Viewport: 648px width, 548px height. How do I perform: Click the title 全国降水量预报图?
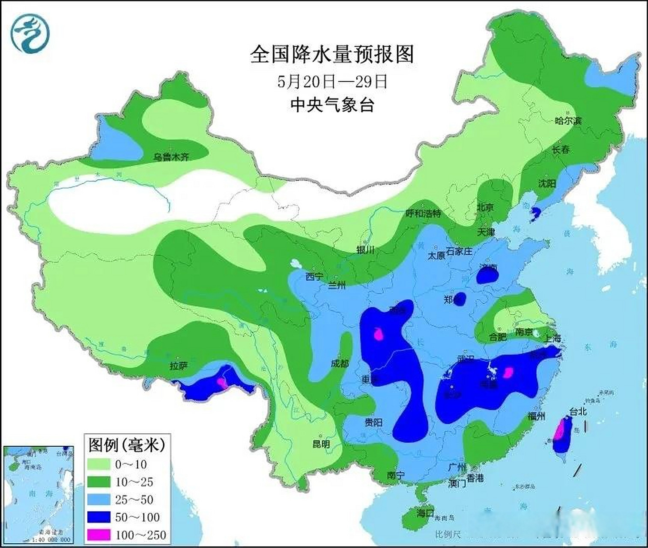332,55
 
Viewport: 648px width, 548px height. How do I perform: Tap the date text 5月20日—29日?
332,81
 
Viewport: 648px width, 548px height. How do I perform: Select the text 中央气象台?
332,104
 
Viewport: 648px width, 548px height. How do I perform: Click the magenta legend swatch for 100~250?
99,535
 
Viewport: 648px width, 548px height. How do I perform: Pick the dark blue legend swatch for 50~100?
99,517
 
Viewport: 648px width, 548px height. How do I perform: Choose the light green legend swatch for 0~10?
99,465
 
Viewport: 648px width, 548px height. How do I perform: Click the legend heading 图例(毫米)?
127,445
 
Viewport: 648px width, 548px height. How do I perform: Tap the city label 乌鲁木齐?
171,157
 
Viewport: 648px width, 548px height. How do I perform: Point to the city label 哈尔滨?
568,121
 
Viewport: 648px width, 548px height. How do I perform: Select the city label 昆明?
321,444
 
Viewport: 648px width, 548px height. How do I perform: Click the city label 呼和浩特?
423,213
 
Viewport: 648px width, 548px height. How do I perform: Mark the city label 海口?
425,512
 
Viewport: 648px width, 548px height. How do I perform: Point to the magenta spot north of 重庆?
378,334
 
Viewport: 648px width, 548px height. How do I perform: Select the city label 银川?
365,250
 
